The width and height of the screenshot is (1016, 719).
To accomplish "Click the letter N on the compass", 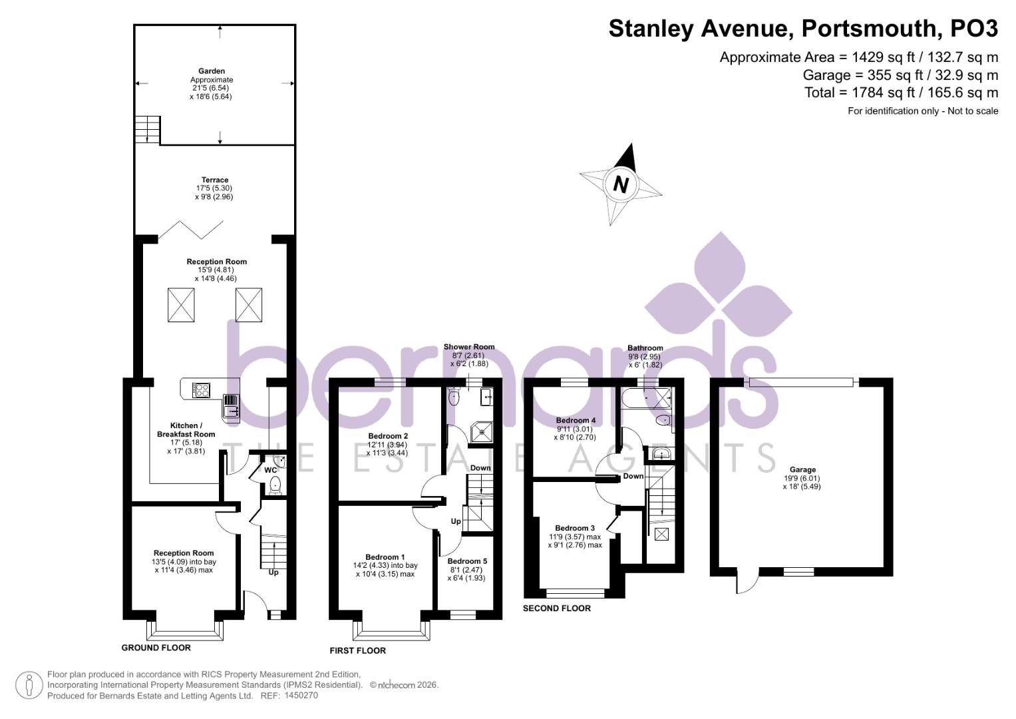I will (x=621, y=184).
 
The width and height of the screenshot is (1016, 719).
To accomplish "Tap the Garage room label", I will (x=802, y=469).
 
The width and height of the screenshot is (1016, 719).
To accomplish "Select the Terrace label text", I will (x=215, y=180).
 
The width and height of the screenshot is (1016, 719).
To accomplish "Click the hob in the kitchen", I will (x=202, y=389).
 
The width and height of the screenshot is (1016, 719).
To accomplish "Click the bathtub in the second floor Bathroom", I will (x=645, y=399).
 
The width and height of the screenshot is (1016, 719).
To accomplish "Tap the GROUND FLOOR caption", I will (x=156, y=648).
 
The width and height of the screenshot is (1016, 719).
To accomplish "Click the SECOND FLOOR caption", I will (x=556, y=608).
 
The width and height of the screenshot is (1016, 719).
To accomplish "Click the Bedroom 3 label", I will (x=576, y=528).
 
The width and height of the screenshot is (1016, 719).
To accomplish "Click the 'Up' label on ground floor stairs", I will (x=273, y=572).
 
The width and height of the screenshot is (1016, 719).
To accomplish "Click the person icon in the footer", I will (x=29, y=685).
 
